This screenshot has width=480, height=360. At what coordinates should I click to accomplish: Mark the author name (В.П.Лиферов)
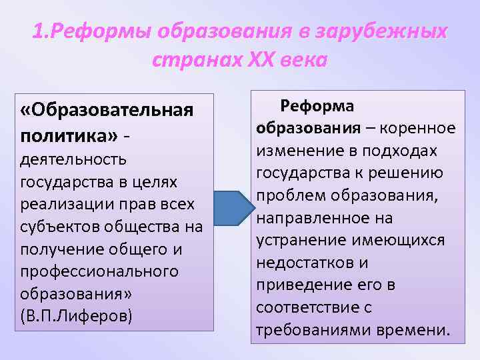(x=77, y=315)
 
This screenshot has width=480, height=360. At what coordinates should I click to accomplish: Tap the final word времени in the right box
(x=417, y=330)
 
